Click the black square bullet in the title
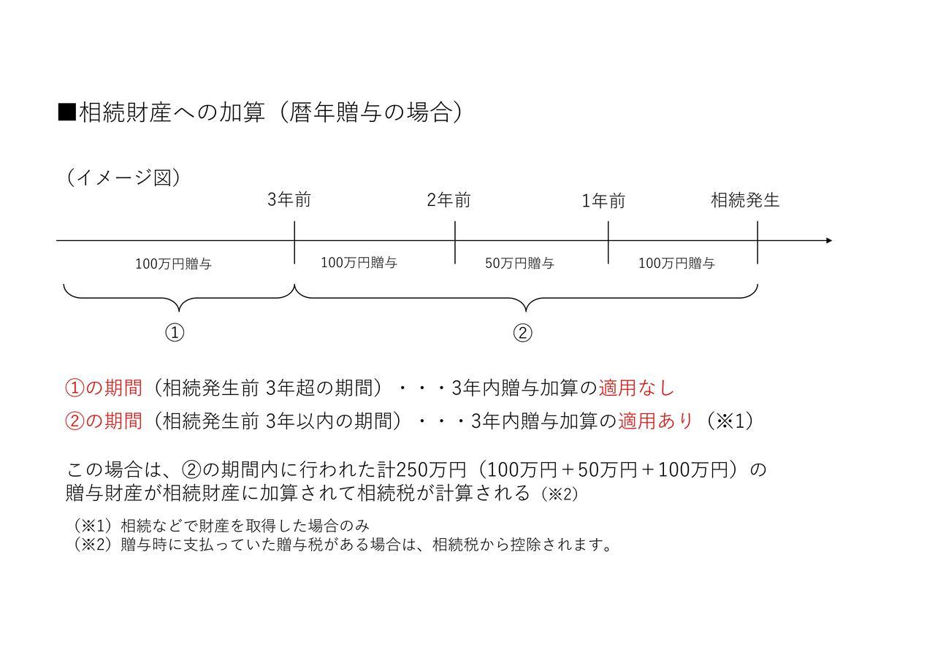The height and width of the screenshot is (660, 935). pyautogui.click(x=66, y=112)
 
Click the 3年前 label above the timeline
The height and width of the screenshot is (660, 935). pyautogui.click(x=289, y=200)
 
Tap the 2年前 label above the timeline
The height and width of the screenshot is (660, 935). pyautogui.click(x=449, y=200)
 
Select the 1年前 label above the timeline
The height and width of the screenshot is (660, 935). pyautogui.click(x=603, y=201)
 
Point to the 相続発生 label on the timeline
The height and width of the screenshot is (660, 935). pyautogui.click(x=745, y=200)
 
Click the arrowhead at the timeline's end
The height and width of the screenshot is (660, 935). pyautogui.click(x=829, y=241)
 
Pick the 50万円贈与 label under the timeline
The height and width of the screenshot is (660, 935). pyautogui.click(x=519, y=264)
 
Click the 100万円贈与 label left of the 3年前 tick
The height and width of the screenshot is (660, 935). pyautogui.click(x=173, y=264)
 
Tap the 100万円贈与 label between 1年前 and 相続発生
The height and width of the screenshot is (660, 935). pyautogui.click(x=676, y=264)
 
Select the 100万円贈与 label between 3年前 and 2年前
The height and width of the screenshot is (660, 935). pyautogui.click(x=359, y=263)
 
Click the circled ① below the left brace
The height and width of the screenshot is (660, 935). pyautogui.click(x=175, y=333)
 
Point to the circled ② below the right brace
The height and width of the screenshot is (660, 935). pyautogui.click(x=522, y=333)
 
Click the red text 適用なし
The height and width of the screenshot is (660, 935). pyautogui.click(x=636, y=388)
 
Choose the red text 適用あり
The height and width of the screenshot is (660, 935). pyautogui.click(x=656, y=421)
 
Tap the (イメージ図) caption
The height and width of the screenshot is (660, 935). pyautogui.click(x=123, y=177)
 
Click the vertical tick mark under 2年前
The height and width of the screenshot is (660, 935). pyautogui.click(x=455, y=242)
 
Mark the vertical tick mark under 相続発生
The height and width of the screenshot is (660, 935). pyautogui.click(x=757, y=242)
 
